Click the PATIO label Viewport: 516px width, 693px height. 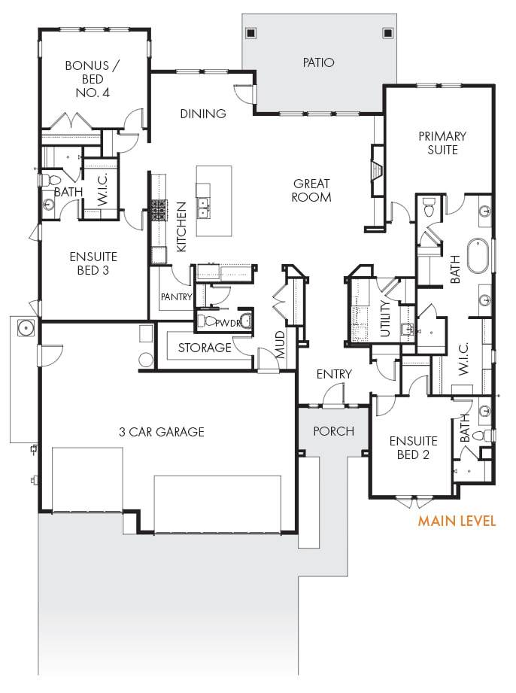(318, 62)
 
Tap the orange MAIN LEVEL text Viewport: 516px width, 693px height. (457, 521)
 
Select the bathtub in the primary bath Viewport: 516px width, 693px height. (478, 256)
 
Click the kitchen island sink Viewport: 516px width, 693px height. (203, 208)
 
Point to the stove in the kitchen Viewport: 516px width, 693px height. (158, 210)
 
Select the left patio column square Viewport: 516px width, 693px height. (251, 33)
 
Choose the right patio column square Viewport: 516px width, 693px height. (387, 33)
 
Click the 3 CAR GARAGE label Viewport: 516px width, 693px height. (162, 432)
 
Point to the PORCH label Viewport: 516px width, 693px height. (333, 431)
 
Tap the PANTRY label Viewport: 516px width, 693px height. (176, 296)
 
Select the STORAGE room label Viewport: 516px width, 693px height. (205, 348)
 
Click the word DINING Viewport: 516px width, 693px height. (203, 114)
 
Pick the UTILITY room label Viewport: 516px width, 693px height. (385, 319)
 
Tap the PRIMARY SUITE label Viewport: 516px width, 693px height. (442, 143)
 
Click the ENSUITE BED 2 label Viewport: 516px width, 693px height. (414, 448)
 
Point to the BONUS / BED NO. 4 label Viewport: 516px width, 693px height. (93, 79)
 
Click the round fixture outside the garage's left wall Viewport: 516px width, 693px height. (25, 328)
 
